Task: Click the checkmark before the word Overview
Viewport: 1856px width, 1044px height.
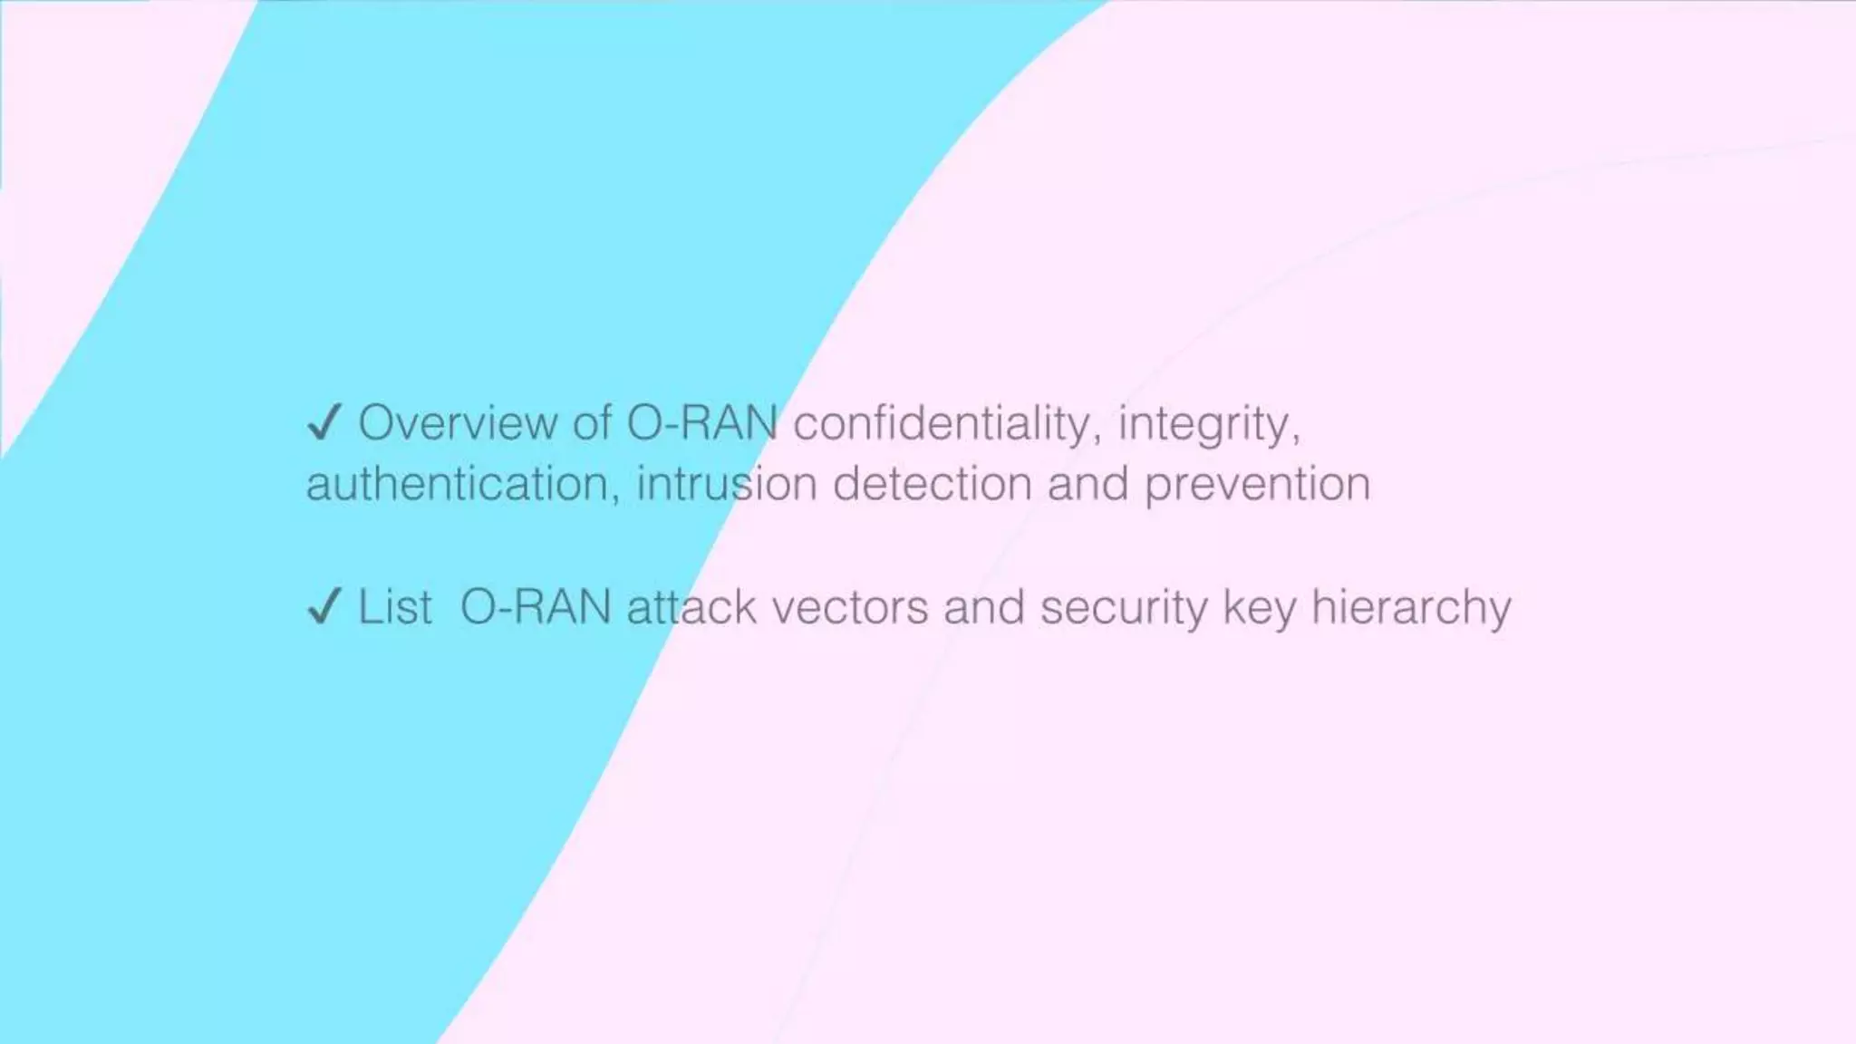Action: (324, 423)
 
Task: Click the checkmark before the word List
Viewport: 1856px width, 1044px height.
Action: (324, 606)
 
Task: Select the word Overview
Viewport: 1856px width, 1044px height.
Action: (458, 423)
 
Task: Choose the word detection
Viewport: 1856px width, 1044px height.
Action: (932, 484)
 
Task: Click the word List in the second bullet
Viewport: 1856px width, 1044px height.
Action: (394, 606)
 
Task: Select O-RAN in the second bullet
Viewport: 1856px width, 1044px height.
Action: (536, 606)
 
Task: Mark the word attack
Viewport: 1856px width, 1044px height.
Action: (691, 606)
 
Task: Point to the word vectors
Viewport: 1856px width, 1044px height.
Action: (849, 608)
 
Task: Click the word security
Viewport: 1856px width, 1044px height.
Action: (1124, 608)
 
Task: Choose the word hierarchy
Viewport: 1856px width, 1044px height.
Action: (1411, 608)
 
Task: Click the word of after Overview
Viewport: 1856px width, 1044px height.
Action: (592, 423)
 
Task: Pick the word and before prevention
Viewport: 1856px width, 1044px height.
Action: (1087, 484)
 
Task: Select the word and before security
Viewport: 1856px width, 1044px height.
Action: (984, 606)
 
